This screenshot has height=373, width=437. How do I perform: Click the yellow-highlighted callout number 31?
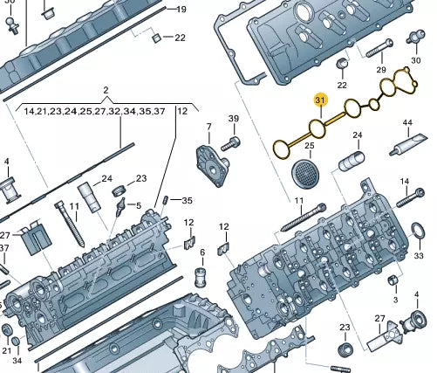(321, 100)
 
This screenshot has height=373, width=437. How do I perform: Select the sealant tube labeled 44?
(408, 145)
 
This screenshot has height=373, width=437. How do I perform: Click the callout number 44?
(407, 122)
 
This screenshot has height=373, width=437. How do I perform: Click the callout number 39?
(234, 119)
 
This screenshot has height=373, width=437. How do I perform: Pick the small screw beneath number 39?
(231, 144)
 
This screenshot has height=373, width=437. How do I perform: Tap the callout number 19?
(181, 10)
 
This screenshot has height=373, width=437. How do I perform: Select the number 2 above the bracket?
(106, 90)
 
